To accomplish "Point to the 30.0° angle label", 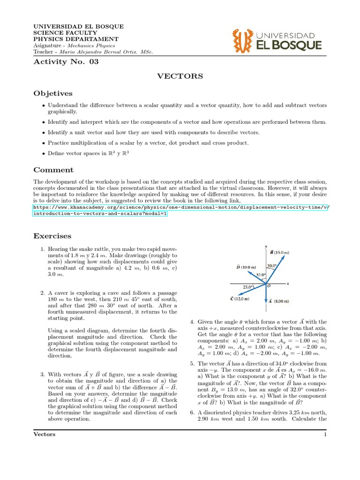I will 271,266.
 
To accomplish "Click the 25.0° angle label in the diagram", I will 248,286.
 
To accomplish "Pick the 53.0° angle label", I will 261,275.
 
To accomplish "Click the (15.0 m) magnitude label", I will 283,251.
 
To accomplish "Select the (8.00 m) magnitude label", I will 283,301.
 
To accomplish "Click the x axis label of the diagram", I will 287,284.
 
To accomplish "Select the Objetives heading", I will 52,93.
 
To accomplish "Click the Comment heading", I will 53,170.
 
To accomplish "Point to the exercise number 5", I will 192,363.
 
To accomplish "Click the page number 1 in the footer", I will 325,434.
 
